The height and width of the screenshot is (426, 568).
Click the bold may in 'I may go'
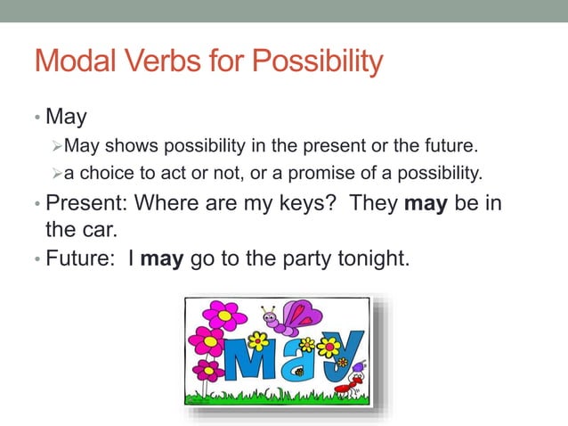(161, 261)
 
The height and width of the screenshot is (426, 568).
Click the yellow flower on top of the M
(258, 340)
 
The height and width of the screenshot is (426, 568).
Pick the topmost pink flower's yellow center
(226, 314)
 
